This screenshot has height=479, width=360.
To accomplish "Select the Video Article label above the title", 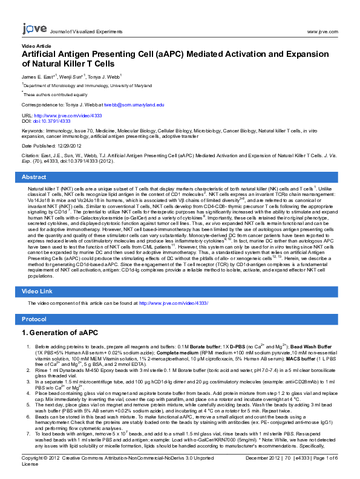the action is (36, 46).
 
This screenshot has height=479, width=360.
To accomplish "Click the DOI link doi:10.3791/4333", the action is (51, 121).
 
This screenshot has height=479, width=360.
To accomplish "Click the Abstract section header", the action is (34, 177).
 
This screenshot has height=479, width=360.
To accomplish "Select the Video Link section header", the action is (38, 292).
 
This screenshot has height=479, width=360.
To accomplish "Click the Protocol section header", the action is (34, 319).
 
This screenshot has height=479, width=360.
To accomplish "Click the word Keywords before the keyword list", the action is (33, 131).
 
